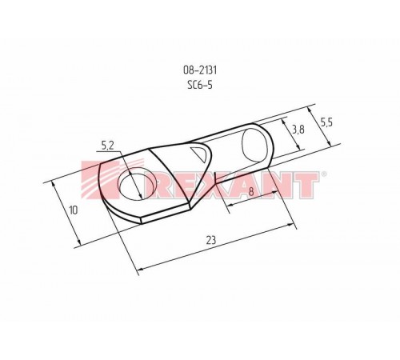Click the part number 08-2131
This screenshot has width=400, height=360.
click(200, 70)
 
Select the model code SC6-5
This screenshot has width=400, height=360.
click(200, 85)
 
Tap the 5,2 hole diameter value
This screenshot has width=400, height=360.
click(108, 146)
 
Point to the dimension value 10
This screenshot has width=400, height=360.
click(73, 210)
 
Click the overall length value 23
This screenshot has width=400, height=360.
click(211, 240)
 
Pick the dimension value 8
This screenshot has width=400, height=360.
click(251, 191)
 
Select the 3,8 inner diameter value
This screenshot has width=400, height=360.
click(298, 130)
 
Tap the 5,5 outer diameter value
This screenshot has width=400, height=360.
click(326, 122)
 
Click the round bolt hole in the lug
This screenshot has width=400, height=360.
click(134, 184)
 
